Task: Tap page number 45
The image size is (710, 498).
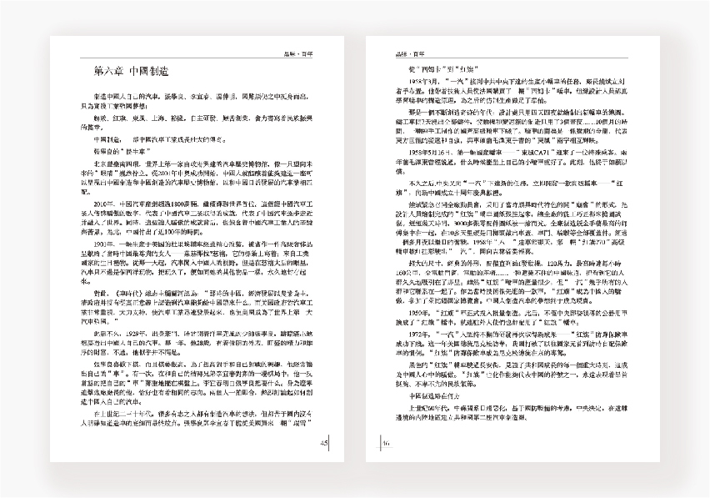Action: point(324,443)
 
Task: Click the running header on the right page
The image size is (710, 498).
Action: point(407,53)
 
